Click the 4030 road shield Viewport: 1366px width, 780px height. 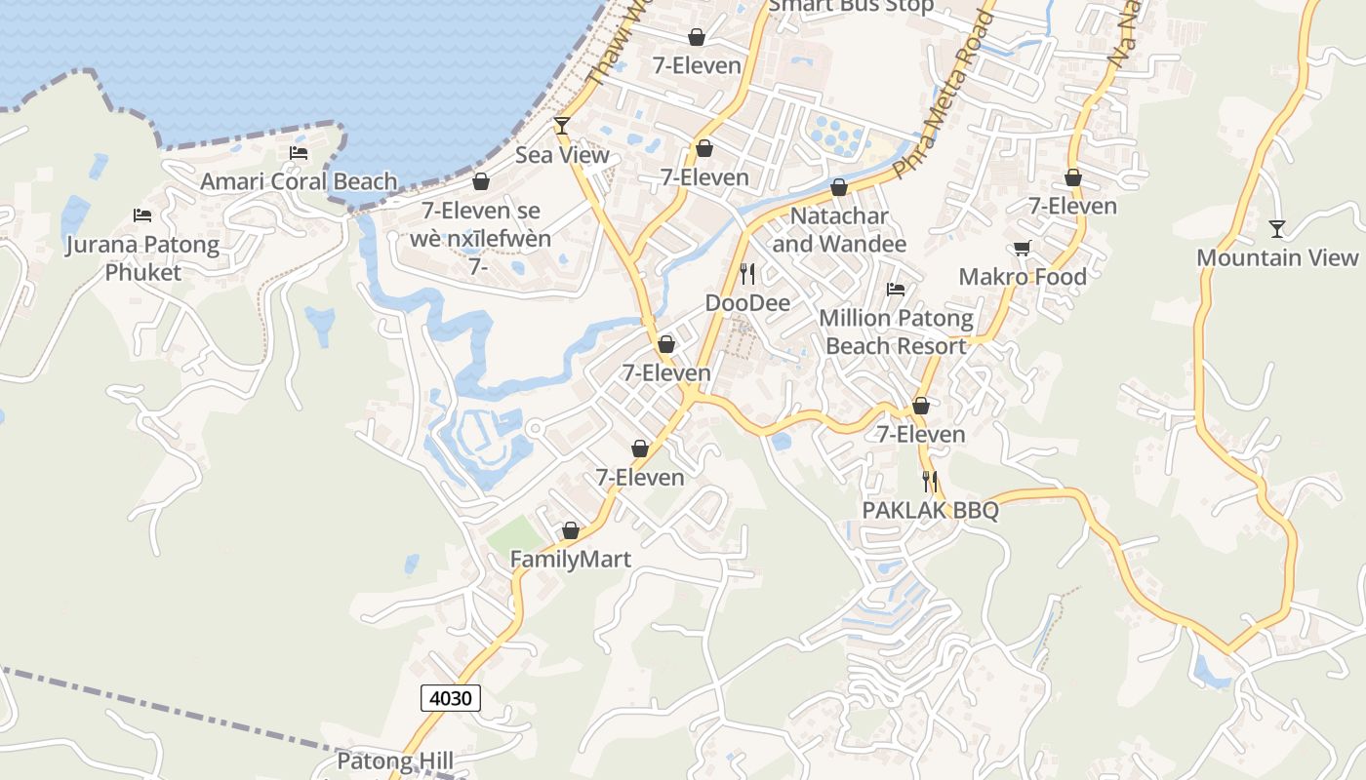click(x=451, y=698)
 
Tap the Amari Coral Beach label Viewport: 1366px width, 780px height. click(x=299, y=181)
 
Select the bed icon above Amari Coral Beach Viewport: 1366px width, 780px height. click(x=299, y=153)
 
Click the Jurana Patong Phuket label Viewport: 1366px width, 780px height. click(x=142, y=258)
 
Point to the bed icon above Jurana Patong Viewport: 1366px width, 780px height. click(x=142, y=215)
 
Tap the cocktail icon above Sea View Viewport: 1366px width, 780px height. click(x=561, y=126)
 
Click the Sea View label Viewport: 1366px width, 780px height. click(x=562, y=155)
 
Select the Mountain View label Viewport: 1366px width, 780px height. click(x=1277, y=257)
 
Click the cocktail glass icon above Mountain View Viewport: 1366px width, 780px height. click(x=1277, y=229)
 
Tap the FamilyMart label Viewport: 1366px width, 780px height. click(x=571, y=560)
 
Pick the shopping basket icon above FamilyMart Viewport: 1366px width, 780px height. click(x=571, y=531)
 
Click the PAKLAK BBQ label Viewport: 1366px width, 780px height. click(x=930, y=511)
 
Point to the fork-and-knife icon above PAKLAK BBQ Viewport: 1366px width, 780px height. click(x=930, y=482)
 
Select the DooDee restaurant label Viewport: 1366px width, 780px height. click(x=747, y=303)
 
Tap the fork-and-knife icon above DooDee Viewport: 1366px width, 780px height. click(x=747, y=273)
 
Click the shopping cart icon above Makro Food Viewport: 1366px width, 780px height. click(x=1022, y=249)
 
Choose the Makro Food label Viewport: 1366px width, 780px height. click(x=1023, y=277)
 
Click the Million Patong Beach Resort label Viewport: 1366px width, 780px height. click(x=896, y=331)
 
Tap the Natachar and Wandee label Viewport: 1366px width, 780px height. click(x=839, y=229)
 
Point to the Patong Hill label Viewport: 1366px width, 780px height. click(x=395, y=760)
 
